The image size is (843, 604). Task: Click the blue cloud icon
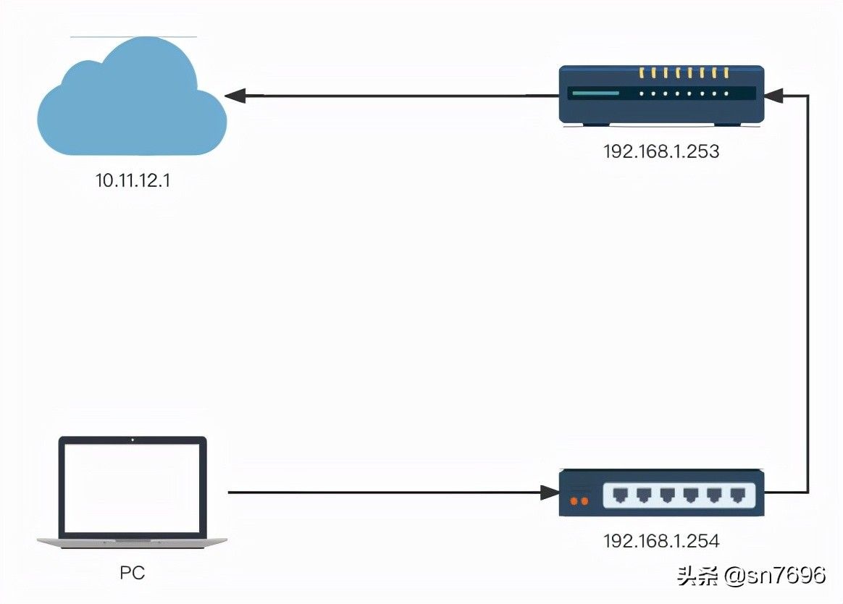(x=132, y=97)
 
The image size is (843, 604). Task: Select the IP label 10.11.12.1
(x=133, y=180)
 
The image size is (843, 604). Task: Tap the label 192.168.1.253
(x=661, y=151)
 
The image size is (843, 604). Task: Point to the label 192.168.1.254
(x=661, y=540)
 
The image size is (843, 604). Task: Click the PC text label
(x=133, y=573)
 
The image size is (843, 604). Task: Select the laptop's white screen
(x=133, y=488)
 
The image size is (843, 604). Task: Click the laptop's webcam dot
(x=133, y=440)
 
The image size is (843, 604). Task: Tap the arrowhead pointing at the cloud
(x=235, y=96)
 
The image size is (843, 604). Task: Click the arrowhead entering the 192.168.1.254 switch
(x=550, y=492)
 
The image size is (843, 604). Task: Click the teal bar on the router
(x=596, y=93)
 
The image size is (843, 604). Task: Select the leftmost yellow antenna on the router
(x=642, y=72)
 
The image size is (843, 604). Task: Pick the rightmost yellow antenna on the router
(x=726, y=72)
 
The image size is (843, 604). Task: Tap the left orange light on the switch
(x=574, y=501)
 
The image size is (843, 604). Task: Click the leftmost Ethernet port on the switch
(x=621, y=495)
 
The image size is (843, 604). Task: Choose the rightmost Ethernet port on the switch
(x=737, y=495)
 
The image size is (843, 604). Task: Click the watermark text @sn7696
(x=774, y=576)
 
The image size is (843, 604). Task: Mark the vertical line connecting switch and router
(x=808, y=293)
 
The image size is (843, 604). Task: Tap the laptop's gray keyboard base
(x=133, y=542)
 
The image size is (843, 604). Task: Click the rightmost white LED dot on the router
(x=726, y=93)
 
